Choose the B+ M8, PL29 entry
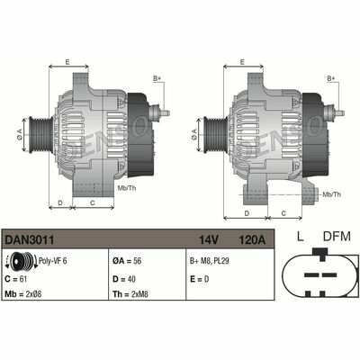[215, 262]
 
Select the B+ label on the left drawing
[157, 79]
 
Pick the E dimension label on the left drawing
[67, 62]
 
